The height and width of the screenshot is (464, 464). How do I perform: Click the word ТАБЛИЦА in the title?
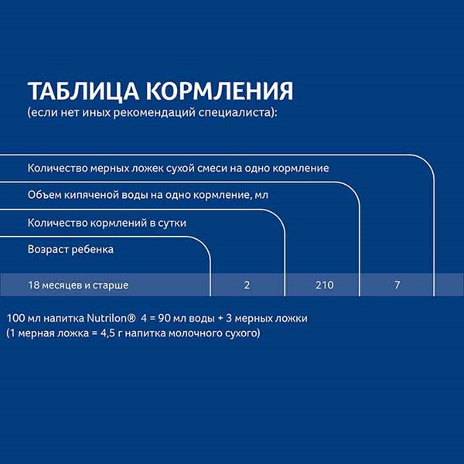click(84, 91)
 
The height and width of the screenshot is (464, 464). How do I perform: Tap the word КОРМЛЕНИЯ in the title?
click(220, 90)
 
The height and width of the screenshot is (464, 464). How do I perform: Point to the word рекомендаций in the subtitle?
click(155, 113)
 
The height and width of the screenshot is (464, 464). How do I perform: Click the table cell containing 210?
click(324, 285)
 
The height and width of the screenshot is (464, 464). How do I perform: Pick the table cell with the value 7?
click(397, 285)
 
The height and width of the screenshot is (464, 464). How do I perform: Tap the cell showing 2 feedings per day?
click(247, 285)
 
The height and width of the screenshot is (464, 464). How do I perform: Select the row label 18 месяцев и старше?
click(78, 285)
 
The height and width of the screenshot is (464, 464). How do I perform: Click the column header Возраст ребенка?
click(70, 250)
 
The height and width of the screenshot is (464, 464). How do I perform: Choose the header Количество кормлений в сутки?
click(107, 223)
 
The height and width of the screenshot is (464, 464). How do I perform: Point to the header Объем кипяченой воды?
click(148, 196)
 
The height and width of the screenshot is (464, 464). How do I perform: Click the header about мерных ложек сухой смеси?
click(178, 168)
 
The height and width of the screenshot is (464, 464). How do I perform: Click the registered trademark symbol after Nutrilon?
click(132, 319)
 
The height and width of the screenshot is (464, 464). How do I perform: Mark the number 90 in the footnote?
click(164, 319)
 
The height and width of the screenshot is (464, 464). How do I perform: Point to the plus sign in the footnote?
click(220, 319)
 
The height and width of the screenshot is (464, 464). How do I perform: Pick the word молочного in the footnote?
click(195, 333)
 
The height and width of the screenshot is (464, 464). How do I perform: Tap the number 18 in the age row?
click(33, 285)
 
